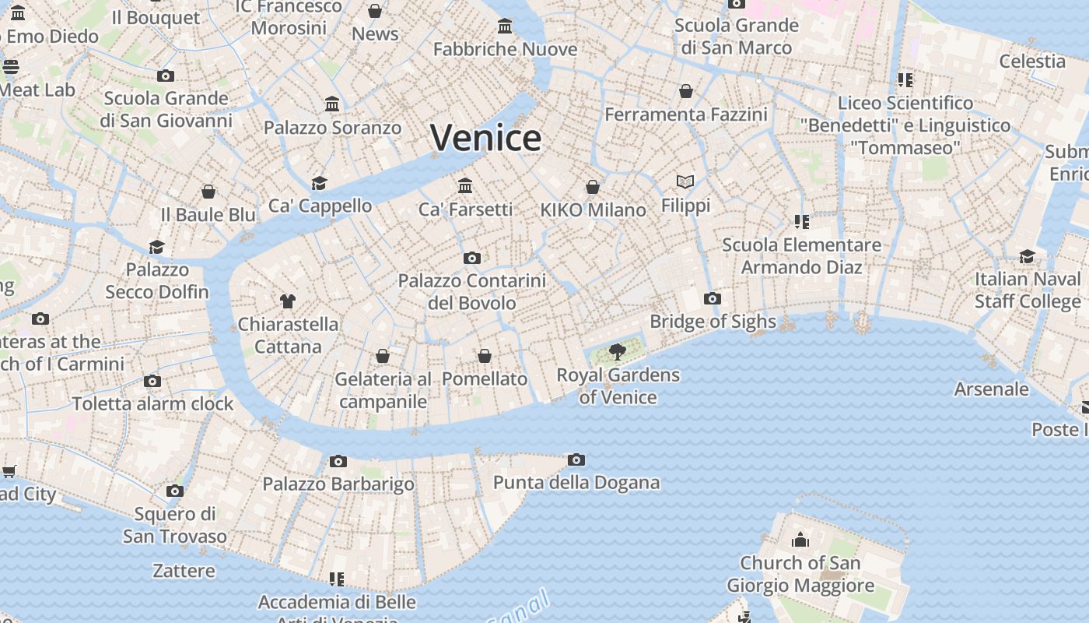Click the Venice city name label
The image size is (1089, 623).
point(485,139)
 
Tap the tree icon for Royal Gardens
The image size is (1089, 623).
point(618,352)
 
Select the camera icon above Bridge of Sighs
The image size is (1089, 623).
point(712,298)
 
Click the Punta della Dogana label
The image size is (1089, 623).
point(576,483)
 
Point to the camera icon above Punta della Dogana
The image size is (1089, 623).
point(576,459)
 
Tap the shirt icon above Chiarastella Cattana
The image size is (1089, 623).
point(288,301)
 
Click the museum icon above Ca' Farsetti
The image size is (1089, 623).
point(465,185)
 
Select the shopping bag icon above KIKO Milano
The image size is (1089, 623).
point(593,187)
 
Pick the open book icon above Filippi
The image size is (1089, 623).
point(685,181)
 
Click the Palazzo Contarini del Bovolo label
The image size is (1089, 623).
point(472,291)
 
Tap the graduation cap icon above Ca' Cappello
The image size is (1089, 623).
point(319,183)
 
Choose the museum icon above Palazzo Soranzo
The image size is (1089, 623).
point(332,104)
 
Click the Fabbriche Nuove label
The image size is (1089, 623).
point(505,49)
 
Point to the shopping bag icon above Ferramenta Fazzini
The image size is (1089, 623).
point(685,91)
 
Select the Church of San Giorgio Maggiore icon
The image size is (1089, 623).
point(800,539)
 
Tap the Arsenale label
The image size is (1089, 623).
point(991,389)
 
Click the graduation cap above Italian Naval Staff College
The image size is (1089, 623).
point(1028,256)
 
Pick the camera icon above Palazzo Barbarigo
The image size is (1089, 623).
point(338,461)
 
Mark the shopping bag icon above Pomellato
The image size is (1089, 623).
point(485,356)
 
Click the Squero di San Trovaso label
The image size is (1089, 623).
point(175,525)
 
